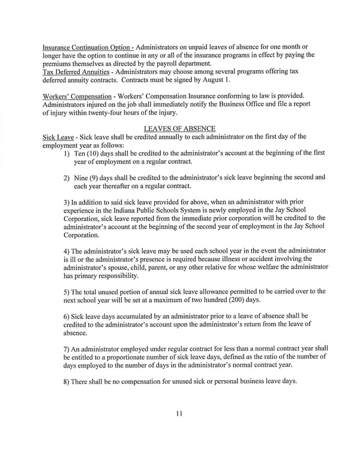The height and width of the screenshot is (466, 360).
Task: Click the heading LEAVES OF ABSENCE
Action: tap(181, 128)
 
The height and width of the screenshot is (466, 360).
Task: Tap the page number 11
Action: tap(180, 413)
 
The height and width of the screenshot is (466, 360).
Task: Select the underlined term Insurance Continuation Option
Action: tap(86, 47)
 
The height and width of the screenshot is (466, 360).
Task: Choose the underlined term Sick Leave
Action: tap(57, 136)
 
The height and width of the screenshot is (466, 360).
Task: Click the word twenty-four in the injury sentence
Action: tap(131, 114)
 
